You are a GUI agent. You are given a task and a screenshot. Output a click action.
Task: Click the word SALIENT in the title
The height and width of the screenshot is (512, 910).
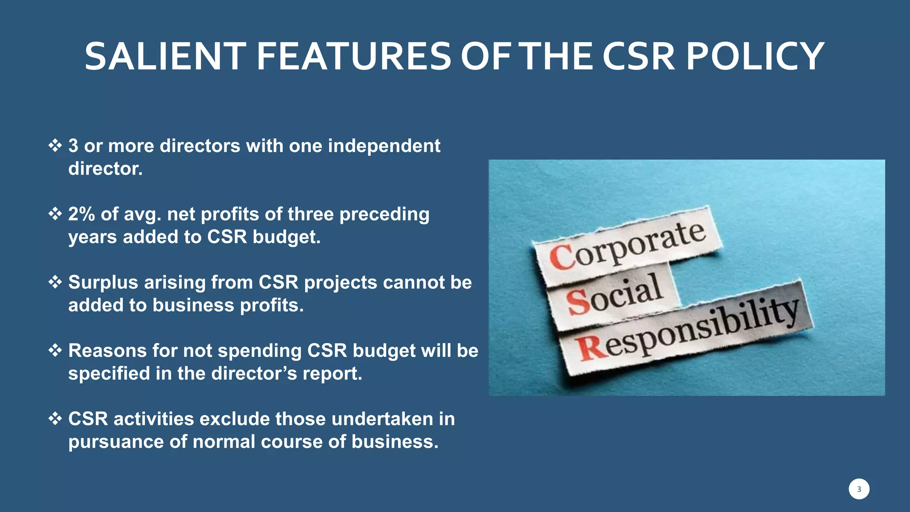click(x=165, y=56)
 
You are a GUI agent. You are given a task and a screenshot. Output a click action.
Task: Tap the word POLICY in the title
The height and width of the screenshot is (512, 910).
click(x=755, y=56)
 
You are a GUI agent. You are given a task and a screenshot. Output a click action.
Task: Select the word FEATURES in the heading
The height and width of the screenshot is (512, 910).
click(x=354, y=56)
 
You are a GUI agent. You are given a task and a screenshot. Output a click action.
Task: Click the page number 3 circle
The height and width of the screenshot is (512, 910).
click(x=858, y=489)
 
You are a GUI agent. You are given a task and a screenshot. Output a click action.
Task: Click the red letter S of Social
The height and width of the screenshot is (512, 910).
click(x=578, y=302)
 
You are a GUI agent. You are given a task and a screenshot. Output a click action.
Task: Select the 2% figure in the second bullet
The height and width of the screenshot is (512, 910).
click(x=81, y=214)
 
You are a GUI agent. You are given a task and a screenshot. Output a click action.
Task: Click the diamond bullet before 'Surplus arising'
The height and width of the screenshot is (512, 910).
click(x=55, y=282)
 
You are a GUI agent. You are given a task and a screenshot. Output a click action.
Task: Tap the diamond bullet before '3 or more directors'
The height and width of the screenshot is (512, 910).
click(x=55, y=145)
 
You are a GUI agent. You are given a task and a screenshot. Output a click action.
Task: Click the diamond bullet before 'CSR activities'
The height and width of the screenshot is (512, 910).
click(x=55, y=418)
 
